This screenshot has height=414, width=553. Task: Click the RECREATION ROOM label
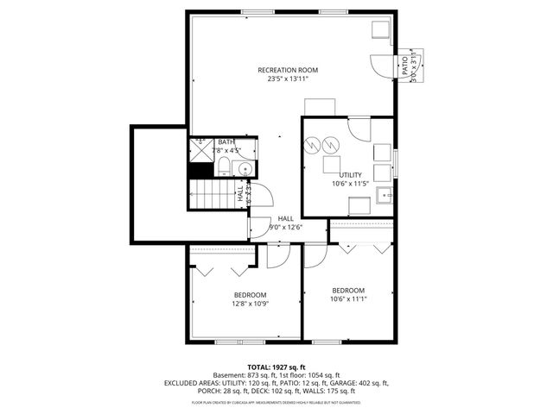pos(288,70)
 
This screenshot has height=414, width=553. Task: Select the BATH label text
pos(226,142)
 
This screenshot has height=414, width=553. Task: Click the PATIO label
pos(404,66)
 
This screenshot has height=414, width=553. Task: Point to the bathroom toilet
pos(223,165)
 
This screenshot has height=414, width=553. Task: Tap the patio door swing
pos(380,66)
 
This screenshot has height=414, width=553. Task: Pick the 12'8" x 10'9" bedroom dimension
pos(249,304)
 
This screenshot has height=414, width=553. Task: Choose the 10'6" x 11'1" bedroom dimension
pos(348,299)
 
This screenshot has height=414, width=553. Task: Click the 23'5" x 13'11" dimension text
pos(288,79)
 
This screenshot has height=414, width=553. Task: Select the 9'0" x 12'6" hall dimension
pos(287,228)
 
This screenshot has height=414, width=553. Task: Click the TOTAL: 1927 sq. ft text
pos(276,367)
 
